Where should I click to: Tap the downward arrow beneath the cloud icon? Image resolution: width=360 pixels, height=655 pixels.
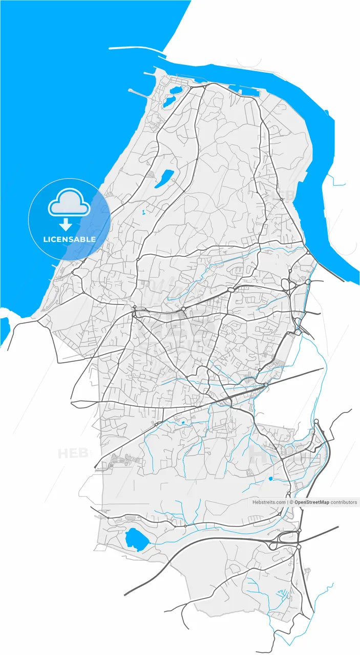point(66,224)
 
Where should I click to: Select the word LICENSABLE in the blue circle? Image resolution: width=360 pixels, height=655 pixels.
point(69,239)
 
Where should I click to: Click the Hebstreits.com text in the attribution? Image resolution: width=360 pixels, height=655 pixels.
point(269,503)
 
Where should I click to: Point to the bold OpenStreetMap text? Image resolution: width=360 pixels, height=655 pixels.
point(311,503)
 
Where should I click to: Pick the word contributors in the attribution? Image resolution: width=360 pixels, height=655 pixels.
point(344,503)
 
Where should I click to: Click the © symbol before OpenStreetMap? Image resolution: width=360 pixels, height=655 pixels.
point(291,503)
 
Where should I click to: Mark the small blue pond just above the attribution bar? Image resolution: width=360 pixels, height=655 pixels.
point(270,479)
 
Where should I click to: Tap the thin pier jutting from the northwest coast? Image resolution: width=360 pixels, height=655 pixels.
point(139,94)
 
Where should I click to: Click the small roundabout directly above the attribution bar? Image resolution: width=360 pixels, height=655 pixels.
point(289,494)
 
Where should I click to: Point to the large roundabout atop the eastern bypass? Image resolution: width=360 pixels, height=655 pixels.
point(316,421)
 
